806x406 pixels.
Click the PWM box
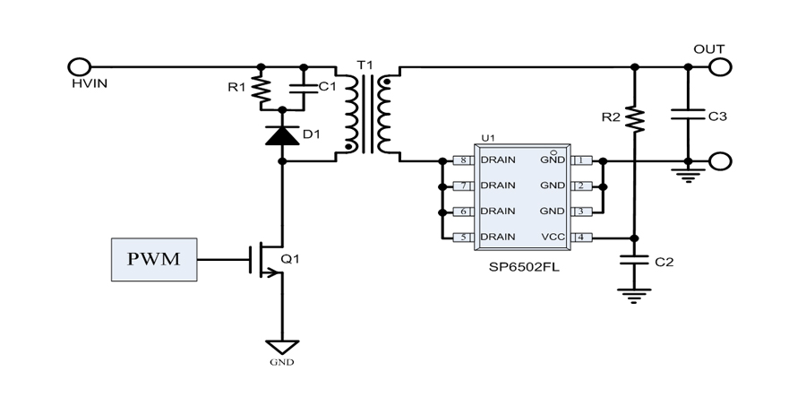(153, 259)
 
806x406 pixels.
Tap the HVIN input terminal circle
(79, 66)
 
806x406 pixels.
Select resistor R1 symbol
(262, 90)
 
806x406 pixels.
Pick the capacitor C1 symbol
(303, 88)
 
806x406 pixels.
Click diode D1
(283, 135)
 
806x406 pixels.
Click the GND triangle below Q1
(283, 346)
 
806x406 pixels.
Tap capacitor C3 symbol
(688, 115)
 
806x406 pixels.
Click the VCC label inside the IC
(553, 238)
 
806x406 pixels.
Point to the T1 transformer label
(362, 66)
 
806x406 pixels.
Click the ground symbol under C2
(634, 292)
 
